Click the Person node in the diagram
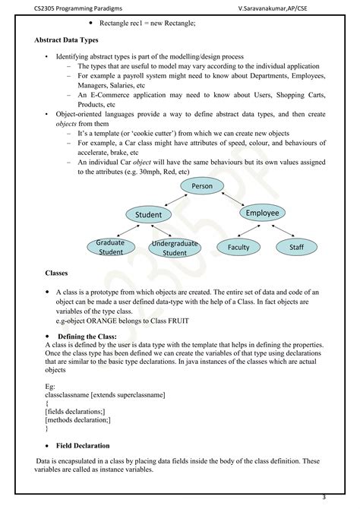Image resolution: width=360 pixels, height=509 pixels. pos(202,186)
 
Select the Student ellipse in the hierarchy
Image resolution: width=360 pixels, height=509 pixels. pos(148,215)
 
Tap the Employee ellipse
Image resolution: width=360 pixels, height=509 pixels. pos(263,213)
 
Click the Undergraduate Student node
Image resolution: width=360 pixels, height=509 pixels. pos(174,248)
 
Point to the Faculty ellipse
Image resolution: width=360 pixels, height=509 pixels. pos(238,248)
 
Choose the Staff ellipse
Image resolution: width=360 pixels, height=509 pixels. pos(295,248)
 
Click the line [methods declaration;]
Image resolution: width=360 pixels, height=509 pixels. pos(77,419)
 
